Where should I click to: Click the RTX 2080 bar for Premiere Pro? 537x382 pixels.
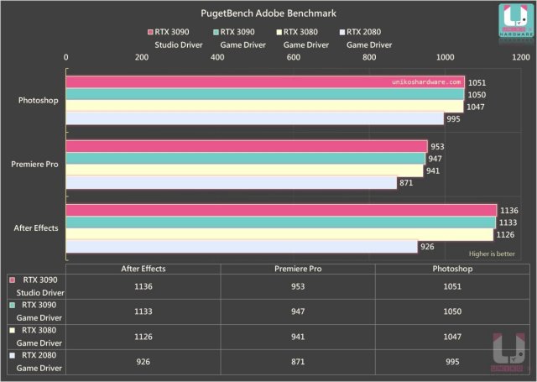coord(232,182)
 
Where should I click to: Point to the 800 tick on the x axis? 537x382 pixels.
coord(370,57)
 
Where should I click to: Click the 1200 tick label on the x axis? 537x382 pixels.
coord(520,57)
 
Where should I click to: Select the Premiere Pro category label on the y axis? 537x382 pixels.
coord(34,165)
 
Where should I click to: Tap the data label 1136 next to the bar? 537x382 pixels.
coord(509,211)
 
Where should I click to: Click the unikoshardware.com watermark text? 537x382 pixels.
coord(427,82)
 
